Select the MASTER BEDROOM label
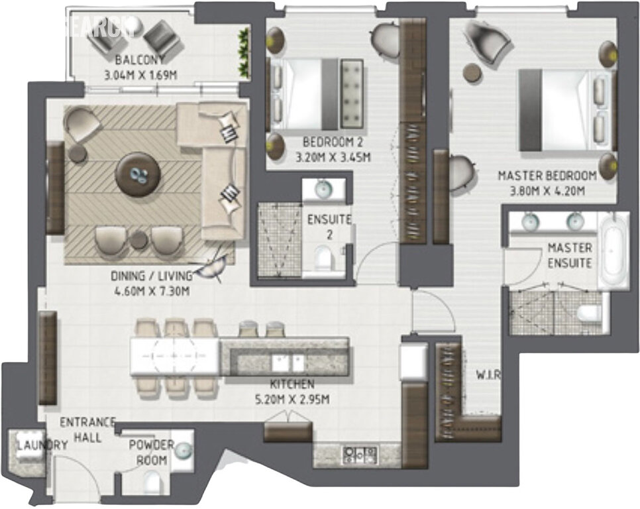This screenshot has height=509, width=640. (x=547, y=176)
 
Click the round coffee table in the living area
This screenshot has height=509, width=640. (x=138, y=174)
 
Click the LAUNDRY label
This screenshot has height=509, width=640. (x=42, y=445)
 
